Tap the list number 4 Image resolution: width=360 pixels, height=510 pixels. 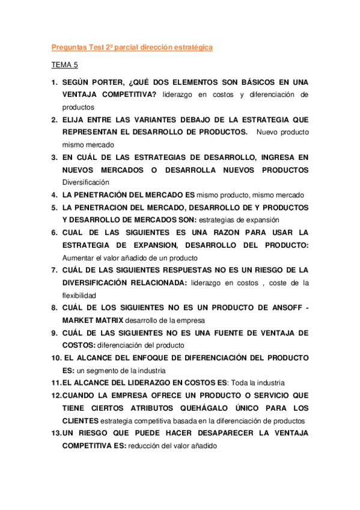point(53,194)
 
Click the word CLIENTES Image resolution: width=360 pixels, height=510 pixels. point(81,421)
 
